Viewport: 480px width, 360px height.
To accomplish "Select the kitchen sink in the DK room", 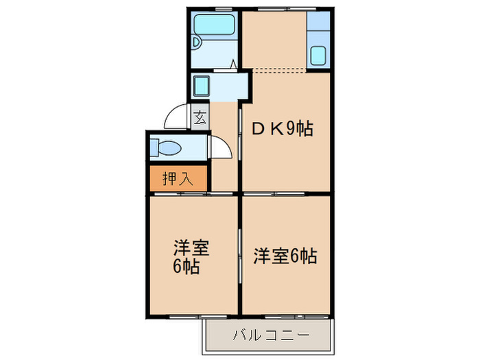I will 318,55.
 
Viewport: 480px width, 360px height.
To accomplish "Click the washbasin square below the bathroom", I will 202,86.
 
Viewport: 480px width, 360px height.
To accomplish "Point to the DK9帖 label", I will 283,128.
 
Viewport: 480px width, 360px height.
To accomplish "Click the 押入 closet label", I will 177,179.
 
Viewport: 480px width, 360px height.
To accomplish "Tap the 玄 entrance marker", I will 200,117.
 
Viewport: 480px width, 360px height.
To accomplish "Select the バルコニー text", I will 270,336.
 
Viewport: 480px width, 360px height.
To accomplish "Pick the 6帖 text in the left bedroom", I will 186,267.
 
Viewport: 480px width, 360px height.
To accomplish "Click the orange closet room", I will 177,179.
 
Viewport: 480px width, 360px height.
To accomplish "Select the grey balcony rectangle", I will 270,336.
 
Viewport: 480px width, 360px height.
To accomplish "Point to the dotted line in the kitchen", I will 280,69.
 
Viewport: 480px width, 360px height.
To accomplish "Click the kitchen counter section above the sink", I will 318,27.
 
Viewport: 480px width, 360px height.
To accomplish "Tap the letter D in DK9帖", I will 260,128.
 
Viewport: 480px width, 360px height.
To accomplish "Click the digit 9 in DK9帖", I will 291,128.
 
